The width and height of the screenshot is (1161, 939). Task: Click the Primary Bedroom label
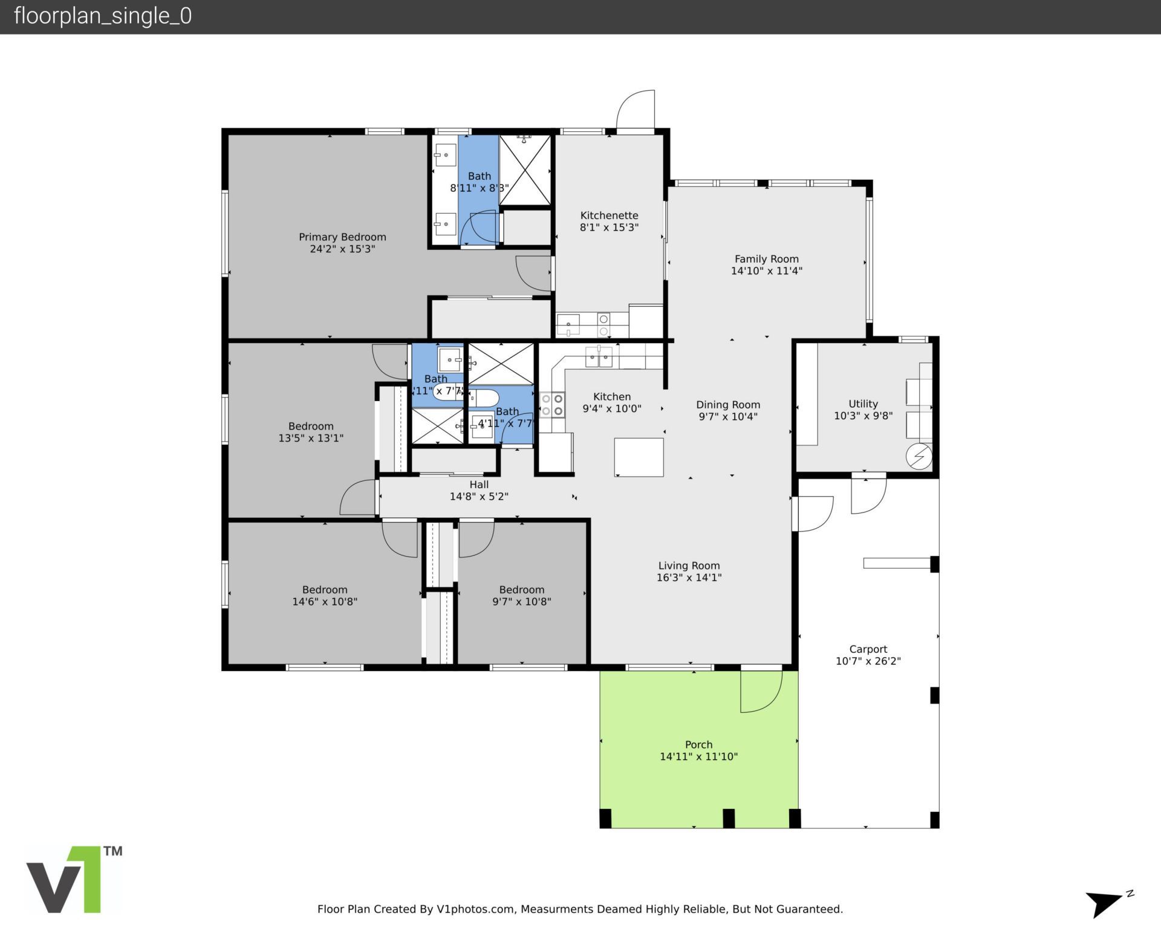[x=342, y=237]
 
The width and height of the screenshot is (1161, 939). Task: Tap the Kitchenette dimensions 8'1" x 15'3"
[x=609, y=227]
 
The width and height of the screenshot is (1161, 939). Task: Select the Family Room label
[x=766, y=259]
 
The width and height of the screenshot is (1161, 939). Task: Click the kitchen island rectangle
[x=639, y=457]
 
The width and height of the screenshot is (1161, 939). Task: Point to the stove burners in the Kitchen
[x=552, y=405]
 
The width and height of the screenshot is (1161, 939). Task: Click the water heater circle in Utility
[x=919, y=456]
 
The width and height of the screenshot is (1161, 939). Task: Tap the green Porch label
[x=698, y=745]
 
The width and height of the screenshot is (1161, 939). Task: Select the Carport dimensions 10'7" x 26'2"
[x=868, y=661]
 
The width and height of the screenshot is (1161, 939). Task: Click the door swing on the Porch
[x=760, y=691]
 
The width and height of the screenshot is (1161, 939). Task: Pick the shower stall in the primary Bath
[x=525, y=171]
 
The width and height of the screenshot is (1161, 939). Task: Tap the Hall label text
[x=479, y=485]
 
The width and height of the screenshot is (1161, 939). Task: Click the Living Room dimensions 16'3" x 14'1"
[x=689, y=578]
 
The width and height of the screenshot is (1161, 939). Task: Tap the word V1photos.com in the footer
[x=475, y=909]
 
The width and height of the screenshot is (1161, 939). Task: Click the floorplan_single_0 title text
[x=103, y=16]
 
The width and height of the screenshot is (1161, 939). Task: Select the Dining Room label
[x=727, y=405]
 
